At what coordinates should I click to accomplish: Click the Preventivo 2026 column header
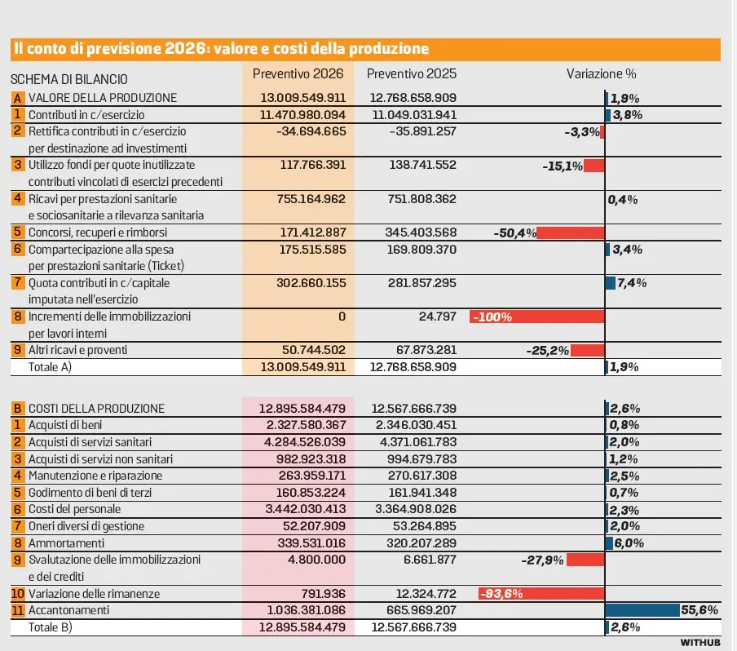coord(298,73)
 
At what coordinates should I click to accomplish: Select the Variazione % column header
coord(601,73)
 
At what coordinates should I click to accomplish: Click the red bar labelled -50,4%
coord(571,232)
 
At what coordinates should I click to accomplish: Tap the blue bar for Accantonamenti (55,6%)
coord(642,610)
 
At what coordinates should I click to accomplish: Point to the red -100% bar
coord(536,317)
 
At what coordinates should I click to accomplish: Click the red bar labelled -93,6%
coord(541,593)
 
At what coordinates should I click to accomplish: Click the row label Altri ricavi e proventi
coord(79,350)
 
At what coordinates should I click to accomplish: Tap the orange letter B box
coord(17,408)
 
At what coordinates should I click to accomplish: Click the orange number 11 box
coord(17,610)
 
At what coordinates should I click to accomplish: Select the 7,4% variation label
coord(632,283)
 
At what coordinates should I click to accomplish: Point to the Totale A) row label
coord(51,367)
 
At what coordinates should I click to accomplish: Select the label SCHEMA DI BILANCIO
coord(68,79)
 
